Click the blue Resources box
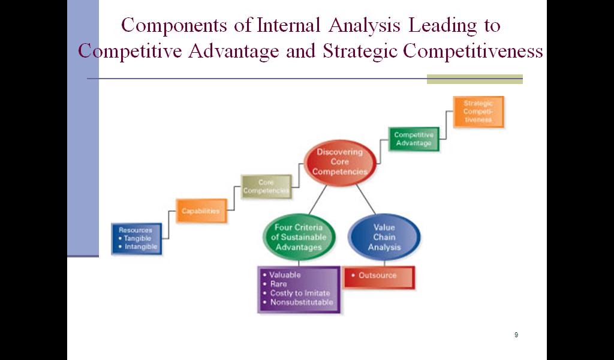pos(137,239)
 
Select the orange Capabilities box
pos(201,211)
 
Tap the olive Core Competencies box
pos(266,187)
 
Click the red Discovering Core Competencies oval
pos(340,162)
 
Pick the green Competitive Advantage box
pos(414,139)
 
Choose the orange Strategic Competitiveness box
pos(478,112)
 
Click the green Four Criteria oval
pos(299,237)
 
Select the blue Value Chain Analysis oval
pos(384,237)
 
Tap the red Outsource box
pos(379,277)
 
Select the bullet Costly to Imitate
pos(296,293)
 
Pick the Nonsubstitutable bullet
pos(298,302)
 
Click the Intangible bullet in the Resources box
pos(137,247)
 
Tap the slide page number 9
pos(516,335)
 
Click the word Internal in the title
pos(289,25)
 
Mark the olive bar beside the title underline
pos(475,79)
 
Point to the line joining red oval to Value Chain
pos(366,199)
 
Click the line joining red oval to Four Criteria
pos(318,200)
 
